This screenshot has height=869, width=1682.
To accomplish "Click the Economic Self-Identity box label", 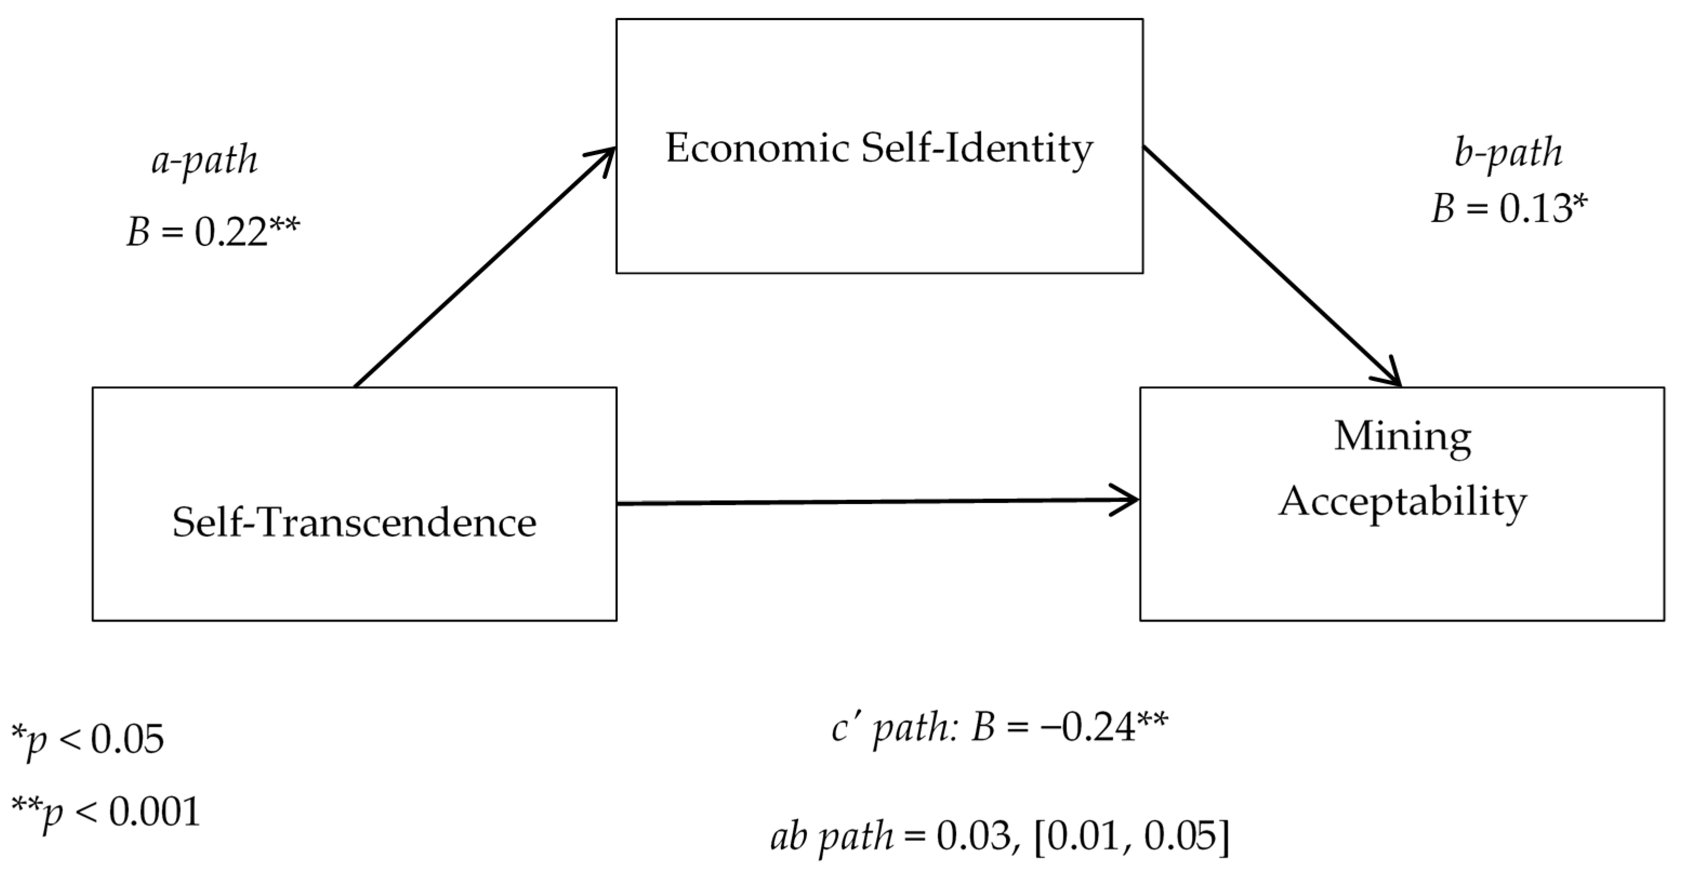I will pos(879,149).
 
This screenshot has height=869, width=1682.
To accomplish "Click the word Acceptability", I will pos(1402,503).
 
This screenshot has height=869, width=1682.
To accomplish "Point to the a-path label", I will pos(204,161).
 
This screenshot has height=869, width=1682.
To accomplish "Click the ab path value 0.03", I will pos(973,837).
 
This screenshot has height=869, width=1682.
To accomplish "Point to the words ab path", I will pos(832,837).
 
